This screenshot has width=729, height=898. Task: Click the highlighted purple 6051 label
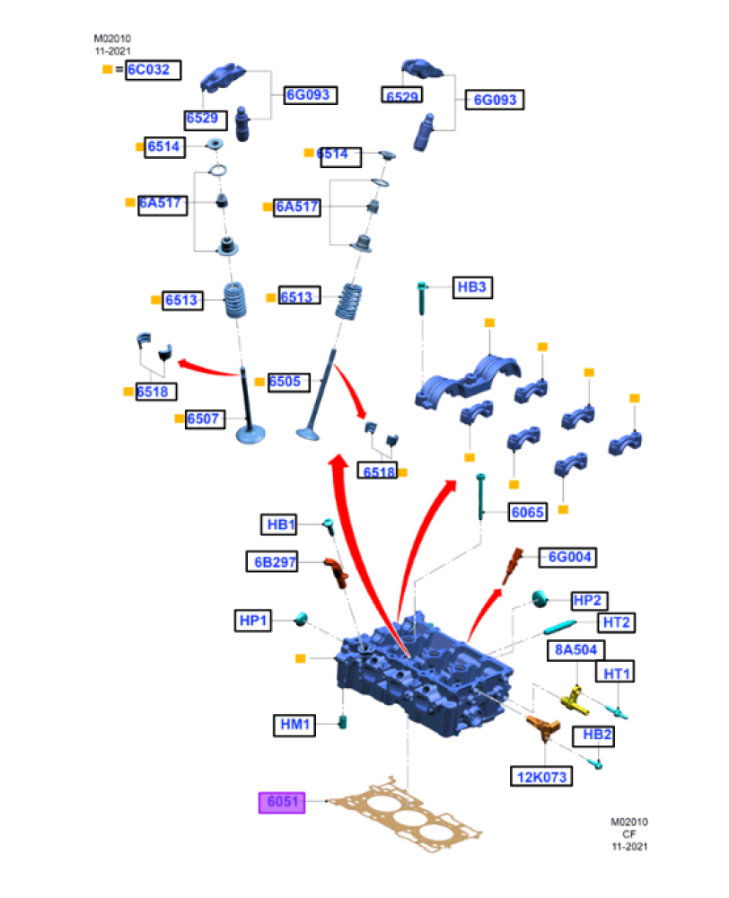[x=282, y=801]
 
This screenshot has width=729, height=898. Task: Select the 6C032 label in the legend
[x=153, y=69]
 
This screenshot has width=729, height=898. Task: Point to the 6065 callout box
[x=527, y=512]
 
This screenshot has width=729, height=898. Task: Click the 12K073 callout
[x=540, y=777]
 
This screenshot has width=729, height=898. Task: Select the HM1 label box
[x=294, y=724]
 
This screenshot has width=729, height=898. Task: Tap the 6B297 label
[x=271, y=562]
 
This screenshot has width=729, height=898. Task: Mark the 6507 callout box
[x=204, y=418]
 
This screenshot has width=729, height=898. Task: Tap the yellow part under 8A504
[x=571, y=695]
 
